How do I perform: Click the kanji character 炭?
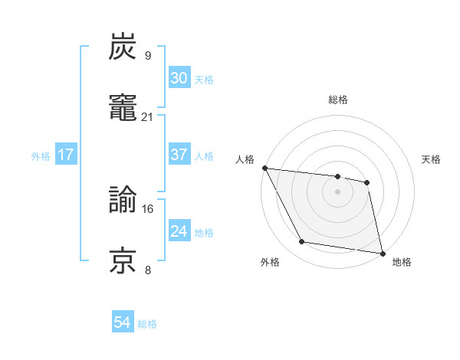(123, 47)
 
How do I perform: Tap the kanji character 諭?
(123, 201)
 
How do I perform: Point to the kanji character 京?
(123, 261)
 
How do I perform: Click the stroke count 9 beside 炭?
(147, 55)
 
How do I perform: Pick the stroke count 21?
(147, 116)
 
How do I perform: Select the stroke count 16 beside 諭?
(147, 208)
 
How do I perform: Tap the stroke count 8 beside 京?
(147, 270)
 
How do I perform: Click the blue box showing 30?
(179, 78)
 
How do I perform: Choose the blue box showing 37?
(179, 155)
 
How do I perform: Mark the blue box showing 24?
(179, 231)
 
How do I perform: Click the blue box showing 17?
(66, 155)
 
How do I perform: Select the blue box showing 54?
(122, 322)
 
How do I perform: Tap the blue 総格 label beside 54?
(147, 324)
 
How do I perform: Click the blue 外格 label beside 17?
(41, 156)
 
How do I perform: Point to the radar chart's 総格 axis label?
(338, 100)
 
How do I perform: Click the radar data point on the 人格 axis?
(264, 168)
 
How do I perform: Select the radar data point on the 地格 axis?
(382, 253)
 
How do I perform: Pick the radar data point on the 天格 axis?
(367, 182)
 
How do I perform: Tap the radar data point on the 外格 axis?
(302, 243)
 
